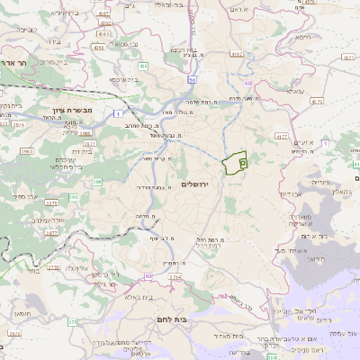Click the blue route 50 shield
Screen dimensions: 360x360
point(193,80)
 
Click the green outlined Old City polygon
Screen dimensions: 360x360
point(235,163)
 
